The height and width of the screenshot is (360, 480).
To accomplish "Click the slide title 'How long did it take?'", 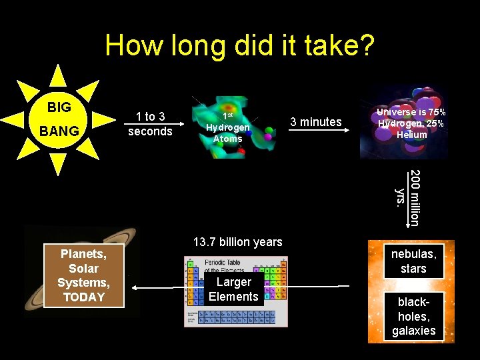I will tap(239, 46).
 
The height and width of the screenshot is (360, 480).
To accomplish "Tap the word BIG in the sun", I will tap(59, 107).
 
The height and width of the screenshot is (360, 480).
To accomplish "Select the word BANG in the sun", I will tap(59, 131).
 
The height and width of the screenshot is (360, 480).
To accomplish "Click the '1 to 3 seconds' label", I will tap(150, 124).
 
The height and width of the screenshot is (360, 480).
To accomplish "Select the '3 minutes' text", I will tap(315, 121).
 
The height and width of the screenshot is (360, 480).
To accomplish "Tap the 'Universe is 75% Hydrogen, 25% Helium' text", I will tap(411, 123).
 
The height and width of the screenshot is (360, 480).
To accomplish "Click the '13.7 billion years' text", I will tap(237, 242).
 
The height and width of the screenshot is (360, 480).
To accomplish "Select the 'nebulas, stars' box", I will tap(414, 261).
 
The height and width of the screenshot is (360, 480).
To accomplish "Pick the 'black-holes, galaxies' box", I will tap(414, 316).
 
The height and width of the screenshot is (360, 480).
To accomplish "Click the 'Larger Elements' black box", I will tap(233, 289).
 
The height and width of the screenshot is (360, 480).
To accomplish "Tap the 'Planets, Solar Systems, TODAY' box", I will tap(84, 275).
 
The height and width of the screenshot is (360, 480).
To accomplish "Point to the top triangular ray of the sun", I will tap(59, 75).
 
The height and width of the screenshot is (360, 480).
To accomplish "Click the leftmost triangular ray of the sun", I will tap(12, 120).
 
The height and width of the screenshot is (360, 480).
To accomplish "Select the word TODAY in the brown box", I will tap(84, 297).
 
